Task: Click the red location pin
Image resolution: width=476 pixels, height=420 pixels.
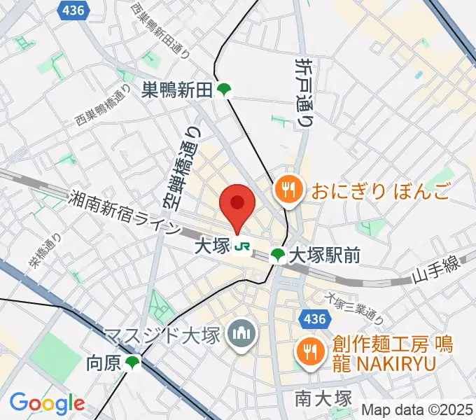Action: coord(237,204)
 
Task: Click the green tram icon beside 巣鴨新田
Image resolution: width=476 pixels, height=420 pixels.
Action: coord(224,90)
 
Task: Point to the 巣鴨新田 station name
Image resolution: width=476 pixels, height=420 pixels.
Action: coord(177,90)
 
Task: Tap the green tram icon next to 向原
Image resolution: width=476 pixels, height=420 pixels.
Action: coord(132,363)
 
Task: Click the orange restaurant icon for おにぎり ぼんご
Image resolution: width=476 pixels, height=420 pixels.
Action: coord(288,189)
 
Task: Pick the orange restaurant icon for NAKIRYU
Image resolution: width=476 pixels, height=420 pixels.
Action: coord(308,349)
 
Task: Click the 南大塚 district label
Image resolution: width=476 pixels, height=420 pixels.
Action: coord(323,400)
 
